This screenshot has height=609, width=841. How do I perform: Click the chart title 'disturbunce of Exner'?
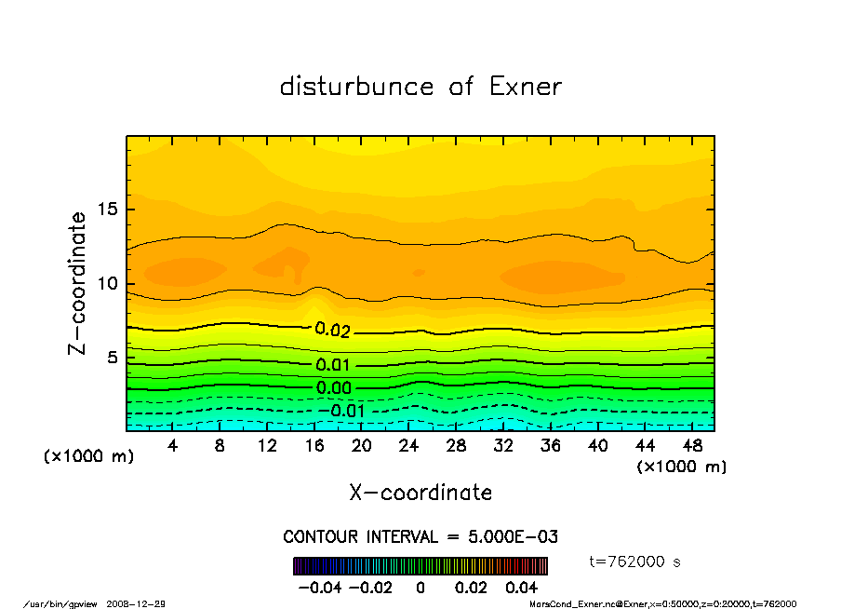click(x=420, y=87)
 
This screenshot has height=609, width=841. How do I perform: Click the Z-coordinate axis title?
click(x=78, y=283)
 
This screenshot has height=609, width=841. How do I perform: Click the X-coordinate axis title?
click(x=420, y=493)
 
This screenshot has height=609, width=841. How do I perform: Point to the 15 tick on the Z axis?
click(x=109, y=209)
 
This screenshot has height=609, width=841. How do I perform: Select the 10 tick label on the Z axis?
click(x=109, y=283)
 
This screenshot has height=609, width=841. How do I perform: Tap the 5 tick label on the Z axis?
click(x=113, y=358)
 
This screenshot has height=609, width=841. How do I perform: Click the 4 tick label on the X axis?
click(x=173, y=446)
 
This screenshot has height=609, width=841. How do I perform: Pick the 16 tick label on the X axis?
click(x=314, y=446)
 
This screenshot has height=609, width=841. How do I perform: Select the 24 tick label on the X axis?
click(x=408, y=446)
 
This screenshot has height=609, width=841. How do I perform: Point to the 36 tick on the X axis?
click(x=550, y=446)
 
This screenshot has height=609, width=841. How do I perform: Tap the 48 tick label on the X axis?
click(x=691, y=446)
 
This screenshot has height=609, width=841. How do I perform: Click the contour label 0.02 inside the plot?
click(x=332, y=330)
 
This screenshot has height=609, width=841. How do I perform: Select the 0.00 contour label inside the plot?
click(x=333, y=388)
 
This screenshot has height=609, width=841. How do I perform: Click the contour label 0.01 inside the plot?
click(x=333, y=365)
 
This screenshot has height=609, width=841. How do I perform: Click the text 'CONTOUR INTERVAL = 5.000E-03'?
click(x=420, y=537)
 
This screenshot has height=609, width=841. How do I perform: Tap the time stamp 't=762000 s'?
click(x=635, y=562)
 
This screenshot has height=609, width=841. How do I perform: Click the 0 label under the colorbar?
click(x=420, y=588)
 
